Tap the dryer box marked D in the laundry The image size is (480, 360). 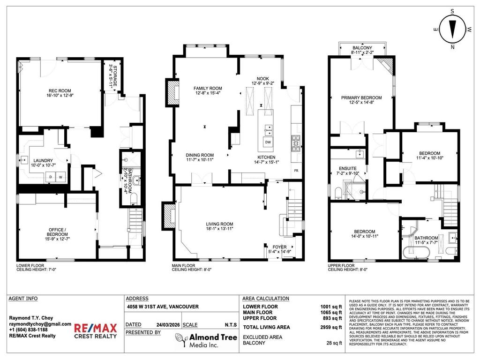(x=50, y=177)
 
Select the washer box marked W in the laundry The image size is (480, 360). (x=60, y=177)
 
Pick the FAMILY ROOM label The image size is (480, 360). (x=208, y=88)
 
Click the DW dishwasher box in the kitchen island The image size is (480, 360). (x=268, y=142)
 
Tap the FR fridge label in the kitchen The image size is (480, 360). (x=296, y=171)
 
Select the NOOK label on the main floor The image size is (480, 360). (x=262, y=78)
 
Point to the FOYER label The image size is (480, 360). (x=280, y=246)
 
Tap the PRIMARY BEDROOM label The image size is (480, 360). (x=361, y=97)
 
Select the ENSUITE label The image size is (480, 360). (x=348, y=168)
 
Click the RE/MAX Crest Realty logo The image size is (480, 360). (x=95, y=330)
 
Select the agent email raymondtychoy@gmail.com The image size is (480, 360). (x=40, y=324)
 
